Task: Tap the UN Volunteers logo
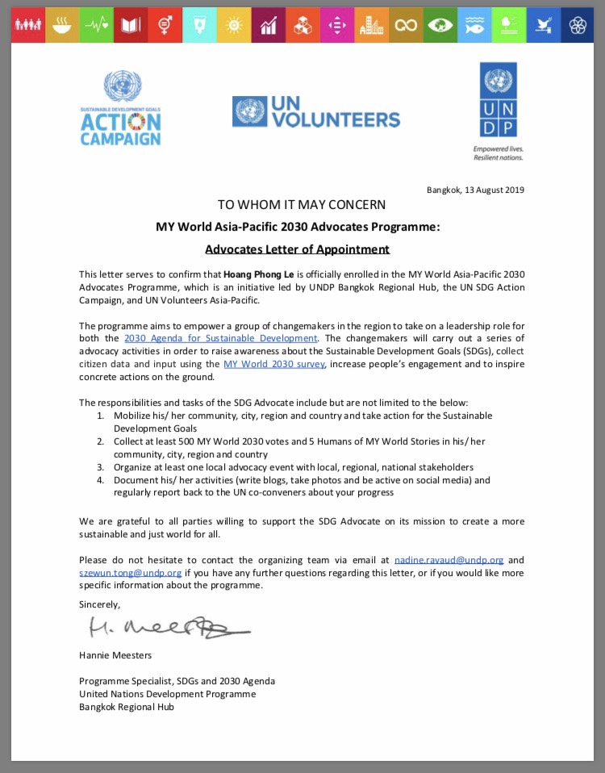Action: (316, 111)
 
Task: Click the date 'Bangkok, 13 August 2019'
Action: (475, 190)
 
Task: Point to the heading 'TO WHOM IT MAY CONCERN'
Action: (301, 205)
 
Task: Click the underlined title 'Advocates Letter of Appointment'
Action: (297, 249)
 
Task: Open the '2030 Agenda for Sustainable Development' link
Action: (221, 338)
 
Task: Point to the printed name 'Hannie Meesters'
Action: (115, 655)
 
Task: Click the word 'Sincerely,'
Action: (99, 604)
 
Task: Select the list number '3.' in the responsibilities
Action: (101, 467)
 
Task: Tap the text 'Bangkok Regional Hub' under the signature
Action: (126, 707)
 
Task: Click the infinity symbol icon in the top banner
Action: (406, 25)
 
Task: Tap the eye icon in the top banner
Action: (440, 25)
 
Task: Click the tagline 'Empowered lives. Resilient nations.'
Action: (498, 153)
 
